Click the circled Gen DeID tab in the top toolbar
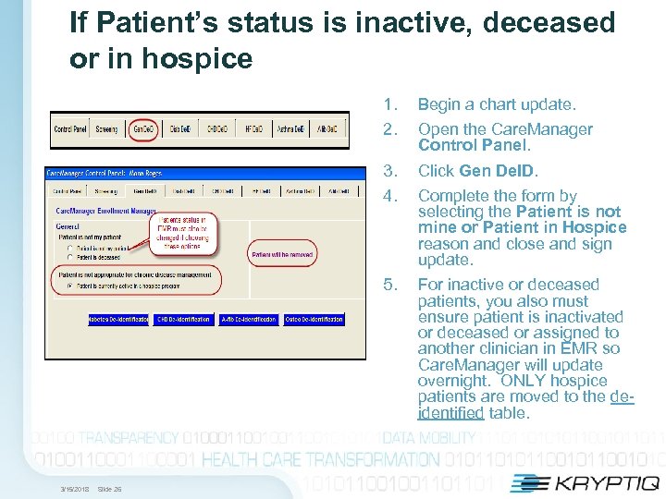tap(143, 129)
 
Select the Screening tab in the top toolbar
tap(106, 129)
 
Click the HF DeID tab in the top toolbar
tap(253, 129)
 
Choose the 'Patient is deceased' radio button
tap(70, 258)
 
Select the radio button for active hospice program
tap(70, 287)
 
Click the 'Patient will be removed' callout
tap(282, 254)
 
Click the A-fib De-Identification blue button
tap(248, 319)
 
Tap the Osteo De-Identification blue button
tap(314, 319)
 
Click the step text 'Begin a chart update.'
tap(497, 104)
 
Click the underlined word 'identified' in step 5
tap(450, 413)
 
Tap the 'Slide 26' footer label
tap(108, 489)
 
